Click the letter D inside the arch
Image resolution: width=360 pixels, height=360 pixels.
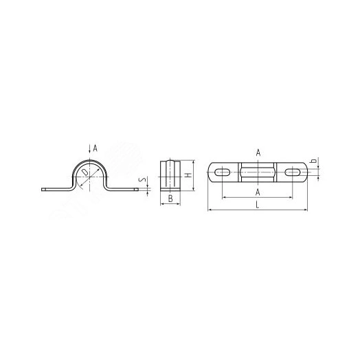(x=85, y=172)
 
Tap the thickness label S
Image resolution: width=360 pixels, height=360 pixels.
(x=143, y=180)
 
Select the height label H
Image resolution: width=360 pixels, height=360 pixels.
(x=188, y=175)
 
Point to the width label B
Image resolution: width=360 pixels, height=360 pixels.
(x=170, y=199)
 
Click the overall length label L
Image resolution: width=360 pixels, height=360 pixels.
(x=258, y=205)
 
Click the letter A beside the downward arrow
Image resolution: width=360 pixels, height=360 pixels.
(x=95, y=148)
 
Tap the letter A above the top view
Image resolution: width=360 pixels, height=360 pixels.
(x=258, y=153)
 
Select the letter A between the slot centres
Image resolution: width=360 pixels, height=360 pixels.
(x=258, y=192)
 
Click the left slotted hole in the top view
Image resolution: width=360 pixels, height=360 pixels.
(x=222, y=172)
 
